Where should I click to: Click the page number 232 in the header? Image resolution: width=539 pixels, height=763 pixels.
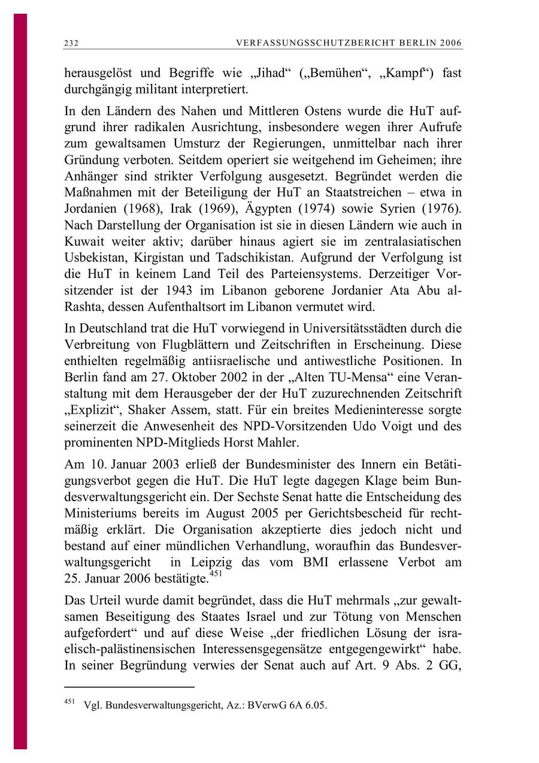click(x=71, y=44)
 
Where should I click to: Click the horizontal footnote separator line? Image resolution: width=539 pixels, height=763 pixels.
click(x=129, y=687)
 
